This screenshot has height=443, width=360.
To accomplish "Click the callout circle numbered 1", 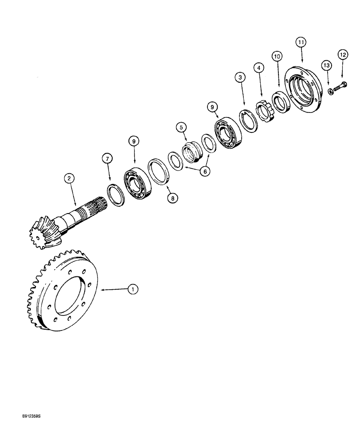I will pos(132,289).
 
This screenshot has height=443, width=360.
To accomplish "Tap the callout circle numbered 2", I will pos(69,179).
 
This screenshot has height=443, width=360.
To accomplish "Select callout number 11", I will pos(301,43).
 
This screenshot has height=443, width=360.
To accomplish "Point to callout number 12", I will pos(342,54).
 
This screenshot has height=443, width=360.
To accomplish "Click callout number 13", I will pos(326,66).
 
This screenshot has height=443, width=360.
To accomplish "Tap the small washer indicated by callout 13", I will pos(330,91).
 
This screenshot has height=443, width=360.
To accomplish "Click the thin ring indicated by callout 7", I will pos(113,195).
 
